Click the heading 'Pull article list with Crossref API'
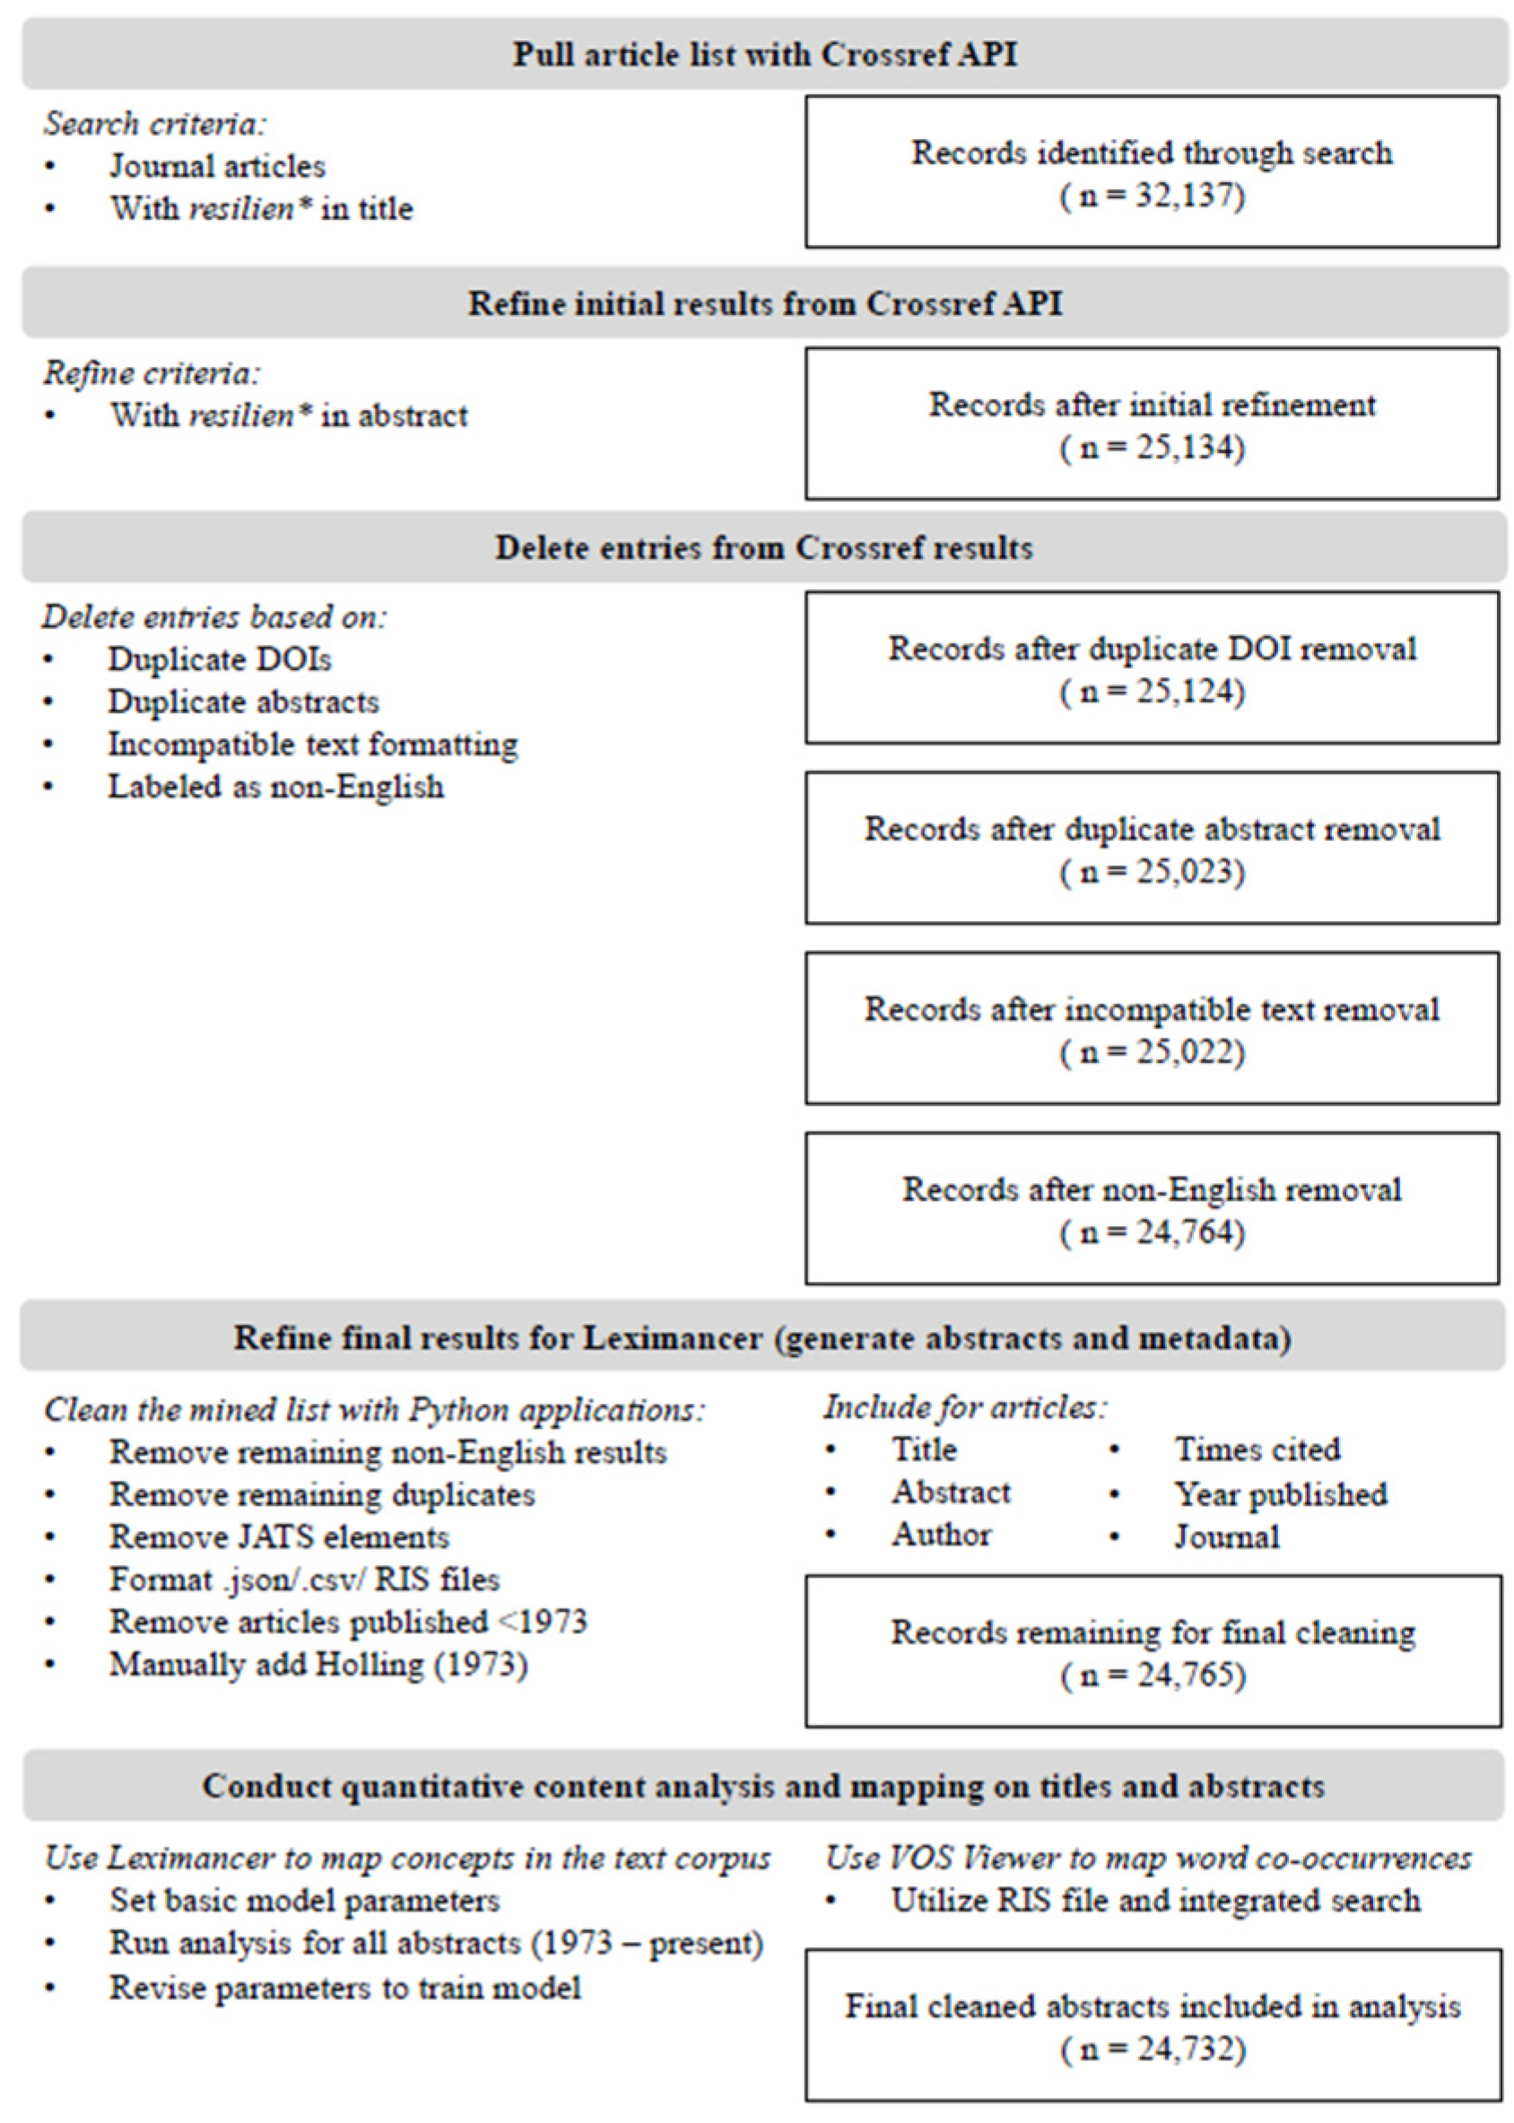pyautogui.click(x=764, y=54)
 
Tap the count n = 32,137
pyautogui.click(x=1153, y=196)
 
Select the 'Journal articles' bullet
pyautogui.click(x=217, y=166)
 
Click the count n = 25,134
pyautogui.click(x=1153, y=448)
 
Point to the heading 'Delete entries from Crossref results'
pyautogui.click(x=763, y=547)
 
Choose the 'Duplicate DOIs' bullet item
pyautogui.click(x=220, y=659)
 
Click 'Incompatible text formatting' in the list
pyautogui.click(x=313, y=744)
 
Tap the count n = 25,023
pyautogui.click(x=1153, y=872)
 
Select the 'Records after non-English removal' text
pyautogui.click(x=1153, y=1189)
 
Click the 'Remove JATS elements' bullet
pyautogui.click(x=280, y=1536)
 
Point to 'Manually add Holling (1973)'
pyautogui.click(x=318, y=1665)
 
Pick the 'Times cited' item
pyautogui.click(x=1257, y=1449)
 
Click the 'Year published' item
pyautogui.click(x=1281, y=1493)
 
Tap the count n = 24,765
pyautogui.click(x=1153, y=1675)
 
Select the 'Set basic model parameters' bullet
pyautogui.click(x=305, y=1901)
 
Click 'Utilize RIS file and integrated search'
pyautogui.click(x=1156, y=1901)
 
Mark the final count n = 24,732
pyautogui.click(x=1153, y=2049)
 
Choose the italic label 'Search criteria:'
pyautogui.click(x=155, y=124)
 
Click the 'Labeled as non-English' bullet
pyautogui.click(x=276, y=787)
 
